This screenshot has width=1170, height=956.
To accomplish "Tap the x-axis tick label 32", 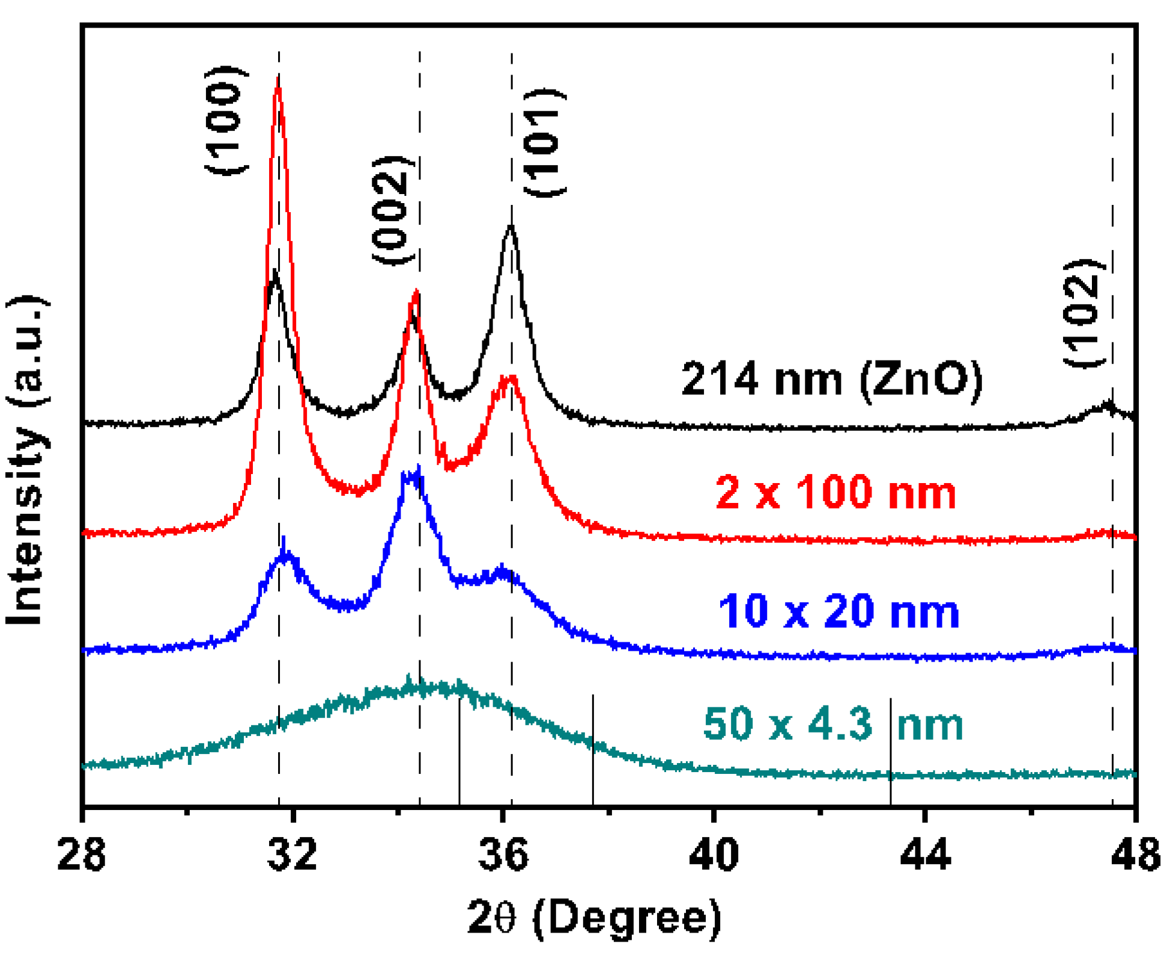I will point(292,854).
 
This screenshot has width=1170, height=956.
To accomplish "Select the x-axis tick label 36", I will point(503,854).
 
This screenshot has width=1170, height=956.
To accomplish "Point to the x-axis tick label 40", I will point(714,854).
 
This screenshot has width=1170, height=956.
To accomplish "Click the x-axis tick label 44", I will point(925,854).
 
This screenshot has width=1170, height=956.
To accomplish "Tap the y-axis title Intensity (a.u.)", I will point(27,460).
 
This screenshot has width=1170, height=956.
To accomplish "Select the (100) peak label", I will point(226,120).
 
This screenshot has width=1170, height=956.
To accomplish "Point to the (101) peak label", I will point(544,143).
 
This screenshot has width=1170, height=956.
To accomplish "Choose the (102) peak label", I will point(1084,314).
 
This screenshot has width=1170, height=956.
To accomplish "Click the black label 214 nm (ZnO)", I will point(831,379).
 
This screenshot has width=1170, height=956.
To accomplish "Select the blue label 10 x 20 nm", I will point(838,612).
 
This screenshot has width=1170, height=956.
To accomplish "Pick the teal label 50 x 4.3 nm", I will point(832,724).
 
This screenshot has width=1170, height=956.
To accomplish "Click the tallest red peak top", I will point(278,78).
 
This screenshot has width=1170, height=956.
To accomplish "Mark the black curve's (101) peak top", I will point(511,227).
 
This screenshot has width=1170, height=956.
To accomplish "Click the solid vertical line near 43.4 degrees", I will point(890,751).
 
